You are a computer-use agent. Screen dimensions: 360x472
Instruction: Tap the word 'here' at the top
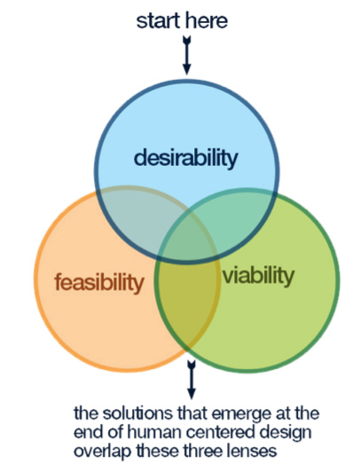207,20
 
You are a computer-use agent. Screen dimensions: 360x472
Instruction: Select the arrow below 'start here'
187,55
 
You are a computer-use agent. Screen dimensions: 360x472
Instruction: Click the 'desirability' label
186,158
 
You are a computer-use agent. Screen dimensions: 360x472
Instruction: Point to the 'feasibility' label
99,282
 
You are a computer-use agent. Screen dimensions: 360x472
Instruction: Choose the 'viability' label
258,275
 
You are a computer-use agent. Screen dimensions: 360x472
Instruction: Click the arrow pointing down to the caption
192,380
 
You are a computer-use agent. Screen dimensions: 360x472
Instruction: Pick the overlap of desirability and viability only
240,221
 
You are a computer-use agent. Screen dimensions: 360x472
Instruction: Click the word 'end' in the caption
86,432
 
